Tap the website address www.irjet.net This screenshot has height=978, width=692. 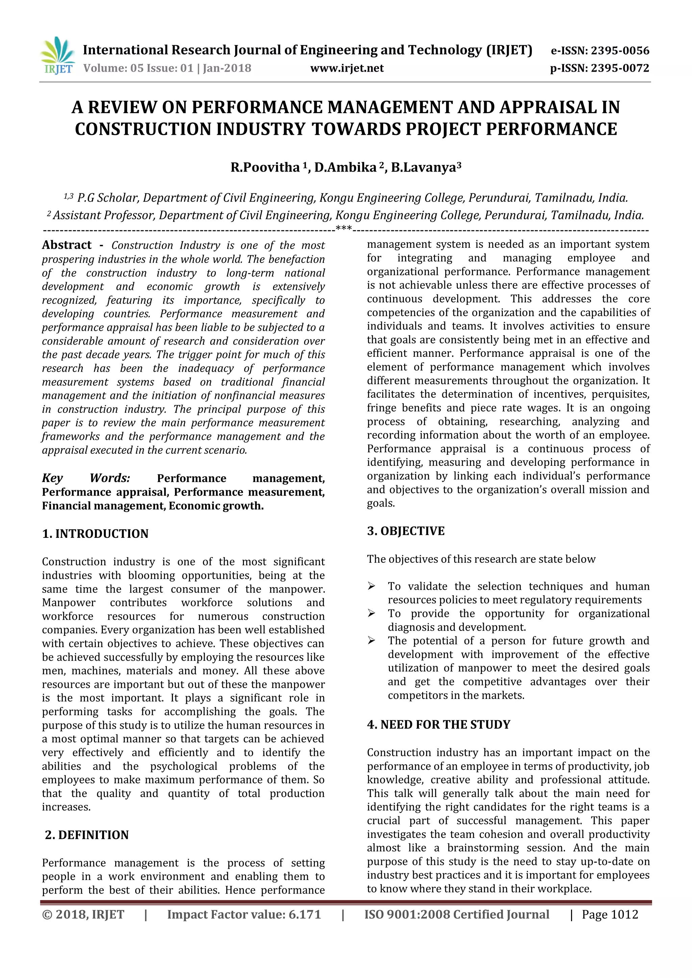pyautogui.click(x=347, y=68)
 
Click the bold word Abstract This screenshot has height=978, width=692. pyautogui.click(x=67, y=245)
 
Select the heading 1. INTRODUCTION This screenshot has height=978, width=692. pyautogui.click(x=95, y=534)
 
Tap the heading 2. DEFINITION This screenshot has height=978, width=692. pyautogui.click(x=86, y=835)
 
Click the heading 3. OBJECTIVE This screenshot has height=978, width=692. pyautogui.click(x=406, y=531)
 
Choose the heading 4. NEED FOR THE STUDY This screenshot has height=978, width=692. pyautogui.click(x=439, y=725)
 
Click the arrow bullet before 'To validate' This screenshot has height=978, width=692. pyautogui.click(x=372, y=586)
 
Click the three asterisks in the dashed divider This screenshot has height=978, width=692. pyautogui.click(x=343, y=229)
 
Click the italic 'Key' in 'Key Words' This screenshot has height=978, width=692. pyautogui.click(x=52, y=478)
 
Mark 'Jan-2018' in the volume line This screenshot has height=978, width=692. pyautogui.click(x=227, y=68)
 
